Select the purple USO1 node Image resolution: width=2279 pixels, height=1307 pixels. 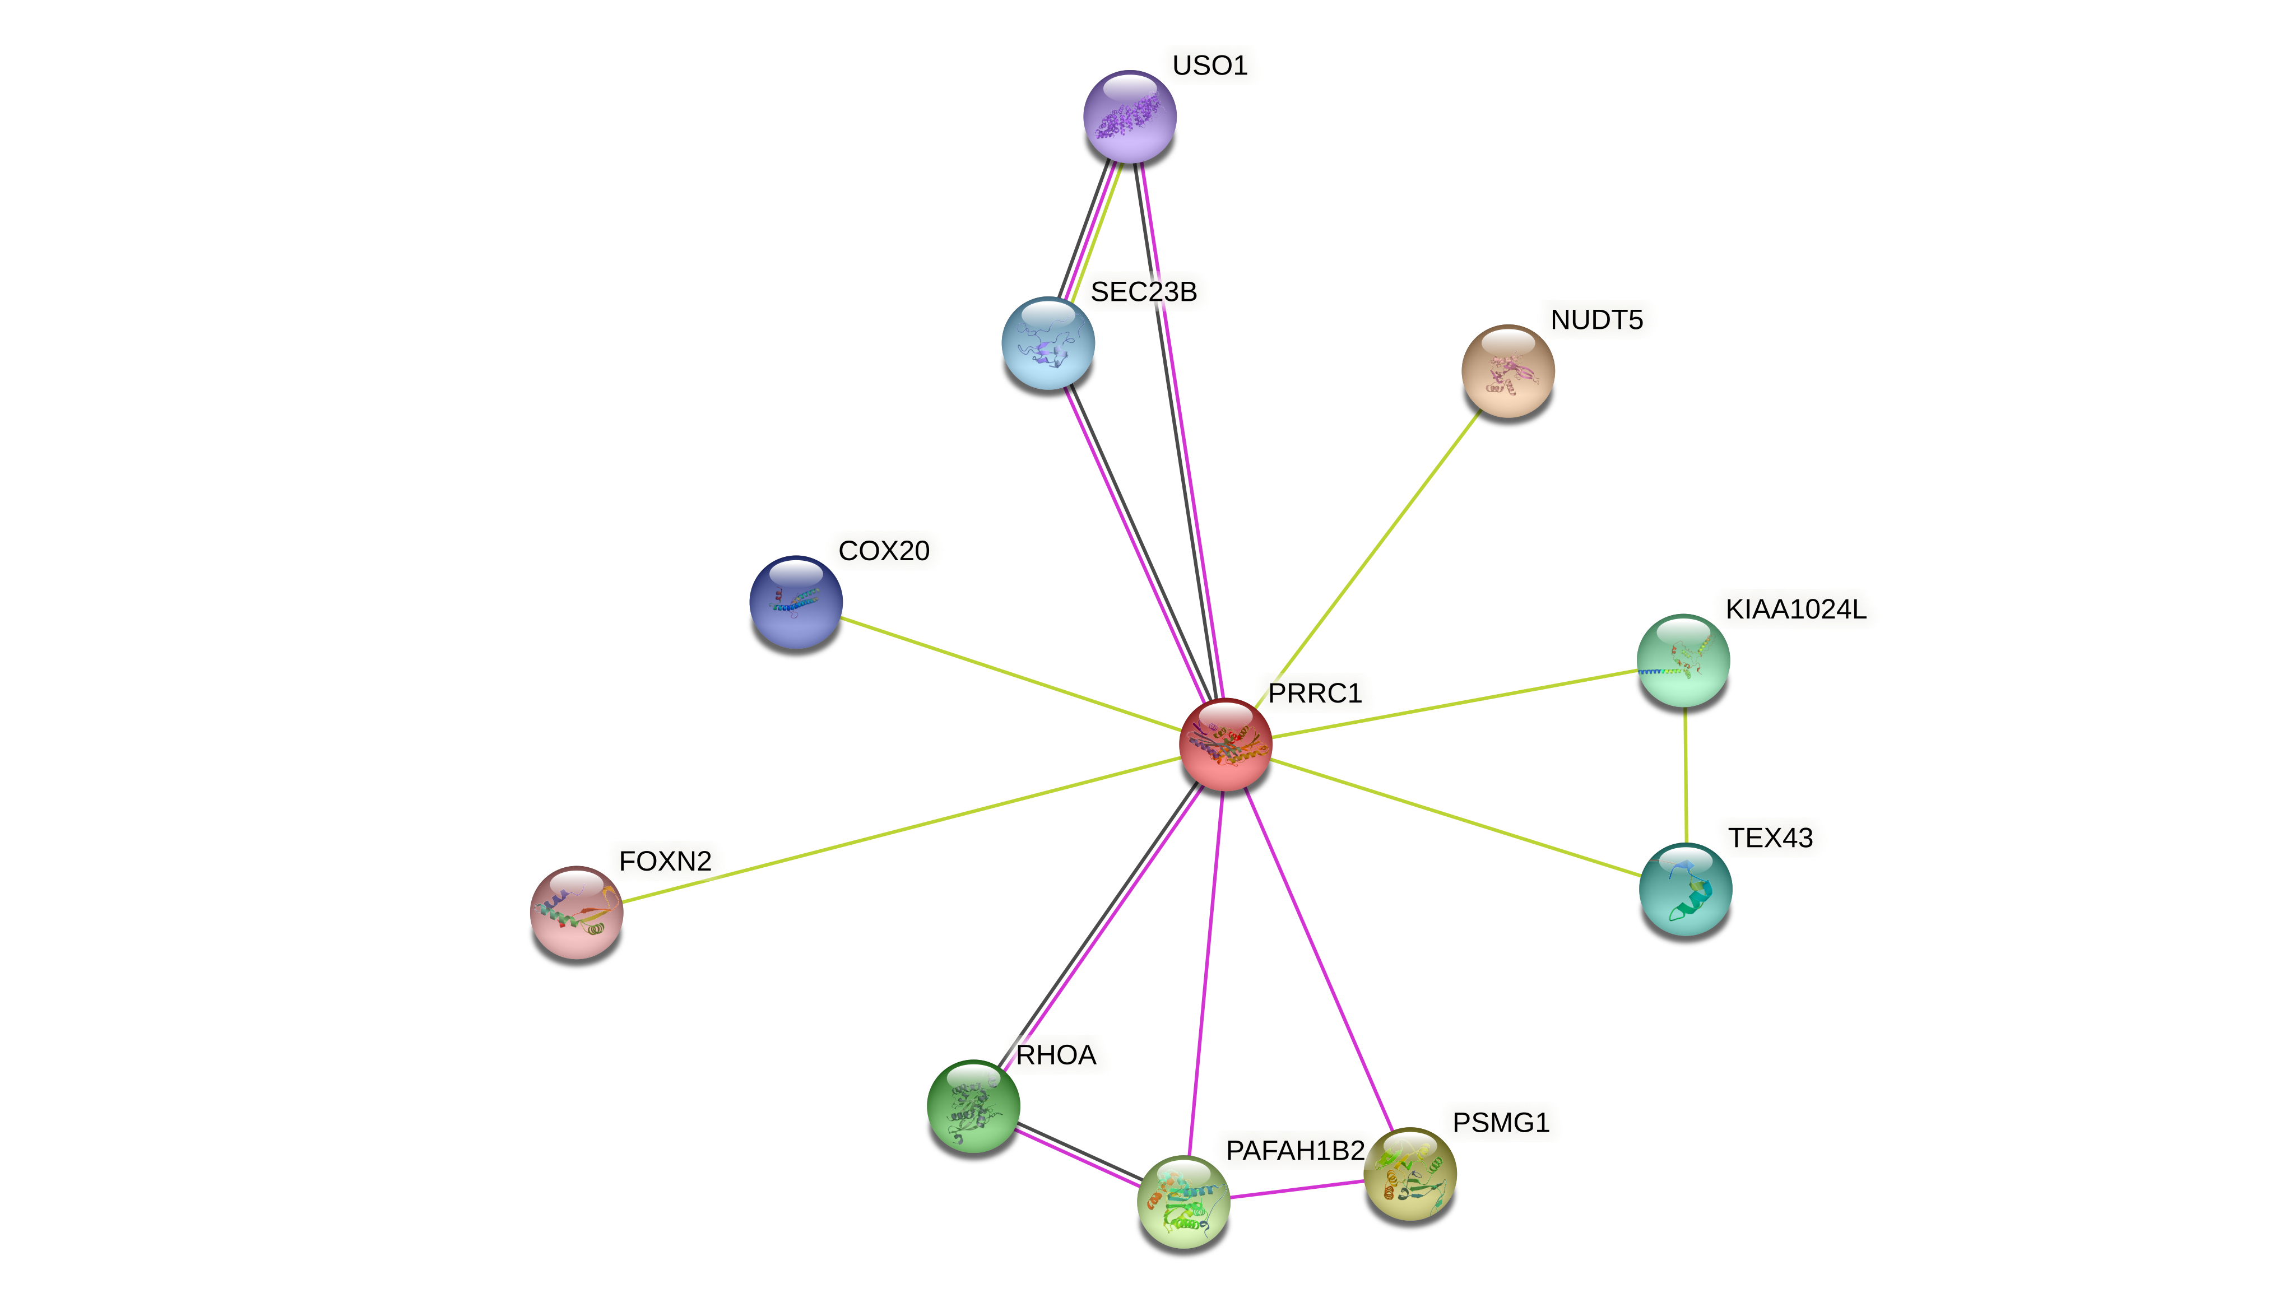pos(1130,117)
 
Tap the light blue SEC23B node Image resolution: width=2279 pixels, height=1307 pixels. pos(1047,343)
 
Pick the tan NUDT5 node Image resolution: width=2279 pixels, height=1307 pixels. pos(1508,371)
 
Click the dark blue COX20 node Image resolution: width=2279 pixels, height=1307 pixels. pos(795,602)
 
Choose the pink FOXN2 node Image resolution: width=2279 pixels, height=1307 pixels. pos(576,912)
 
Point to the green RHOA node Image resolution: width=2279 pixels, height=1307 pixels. pos(973,1106)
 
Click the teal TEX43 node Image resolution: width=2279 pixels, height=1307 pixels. pos(1685,889)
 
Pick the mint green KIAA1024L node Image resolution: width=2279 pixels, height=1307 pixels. pos(1683,661)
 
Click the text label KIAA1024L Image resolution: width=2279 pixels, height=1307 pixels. pos(1795,610)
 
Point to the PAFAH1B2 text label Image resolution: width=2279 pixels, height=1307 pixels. pos(1294,1151)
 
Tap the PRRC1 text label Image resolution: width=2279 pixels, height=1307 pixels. pos(1315,693)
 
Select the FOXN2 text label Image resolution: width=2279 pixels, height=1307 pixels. pos(665,861)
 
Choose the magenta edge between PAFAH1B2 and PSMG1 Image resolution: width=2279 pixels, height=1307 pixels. pos(1297,1188)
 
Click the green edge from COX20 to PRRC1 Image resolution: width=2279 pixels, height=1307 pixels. pos(1010,673)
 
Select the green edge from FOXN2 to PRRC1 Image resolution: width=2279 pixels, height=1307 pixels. pos(898,830)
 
